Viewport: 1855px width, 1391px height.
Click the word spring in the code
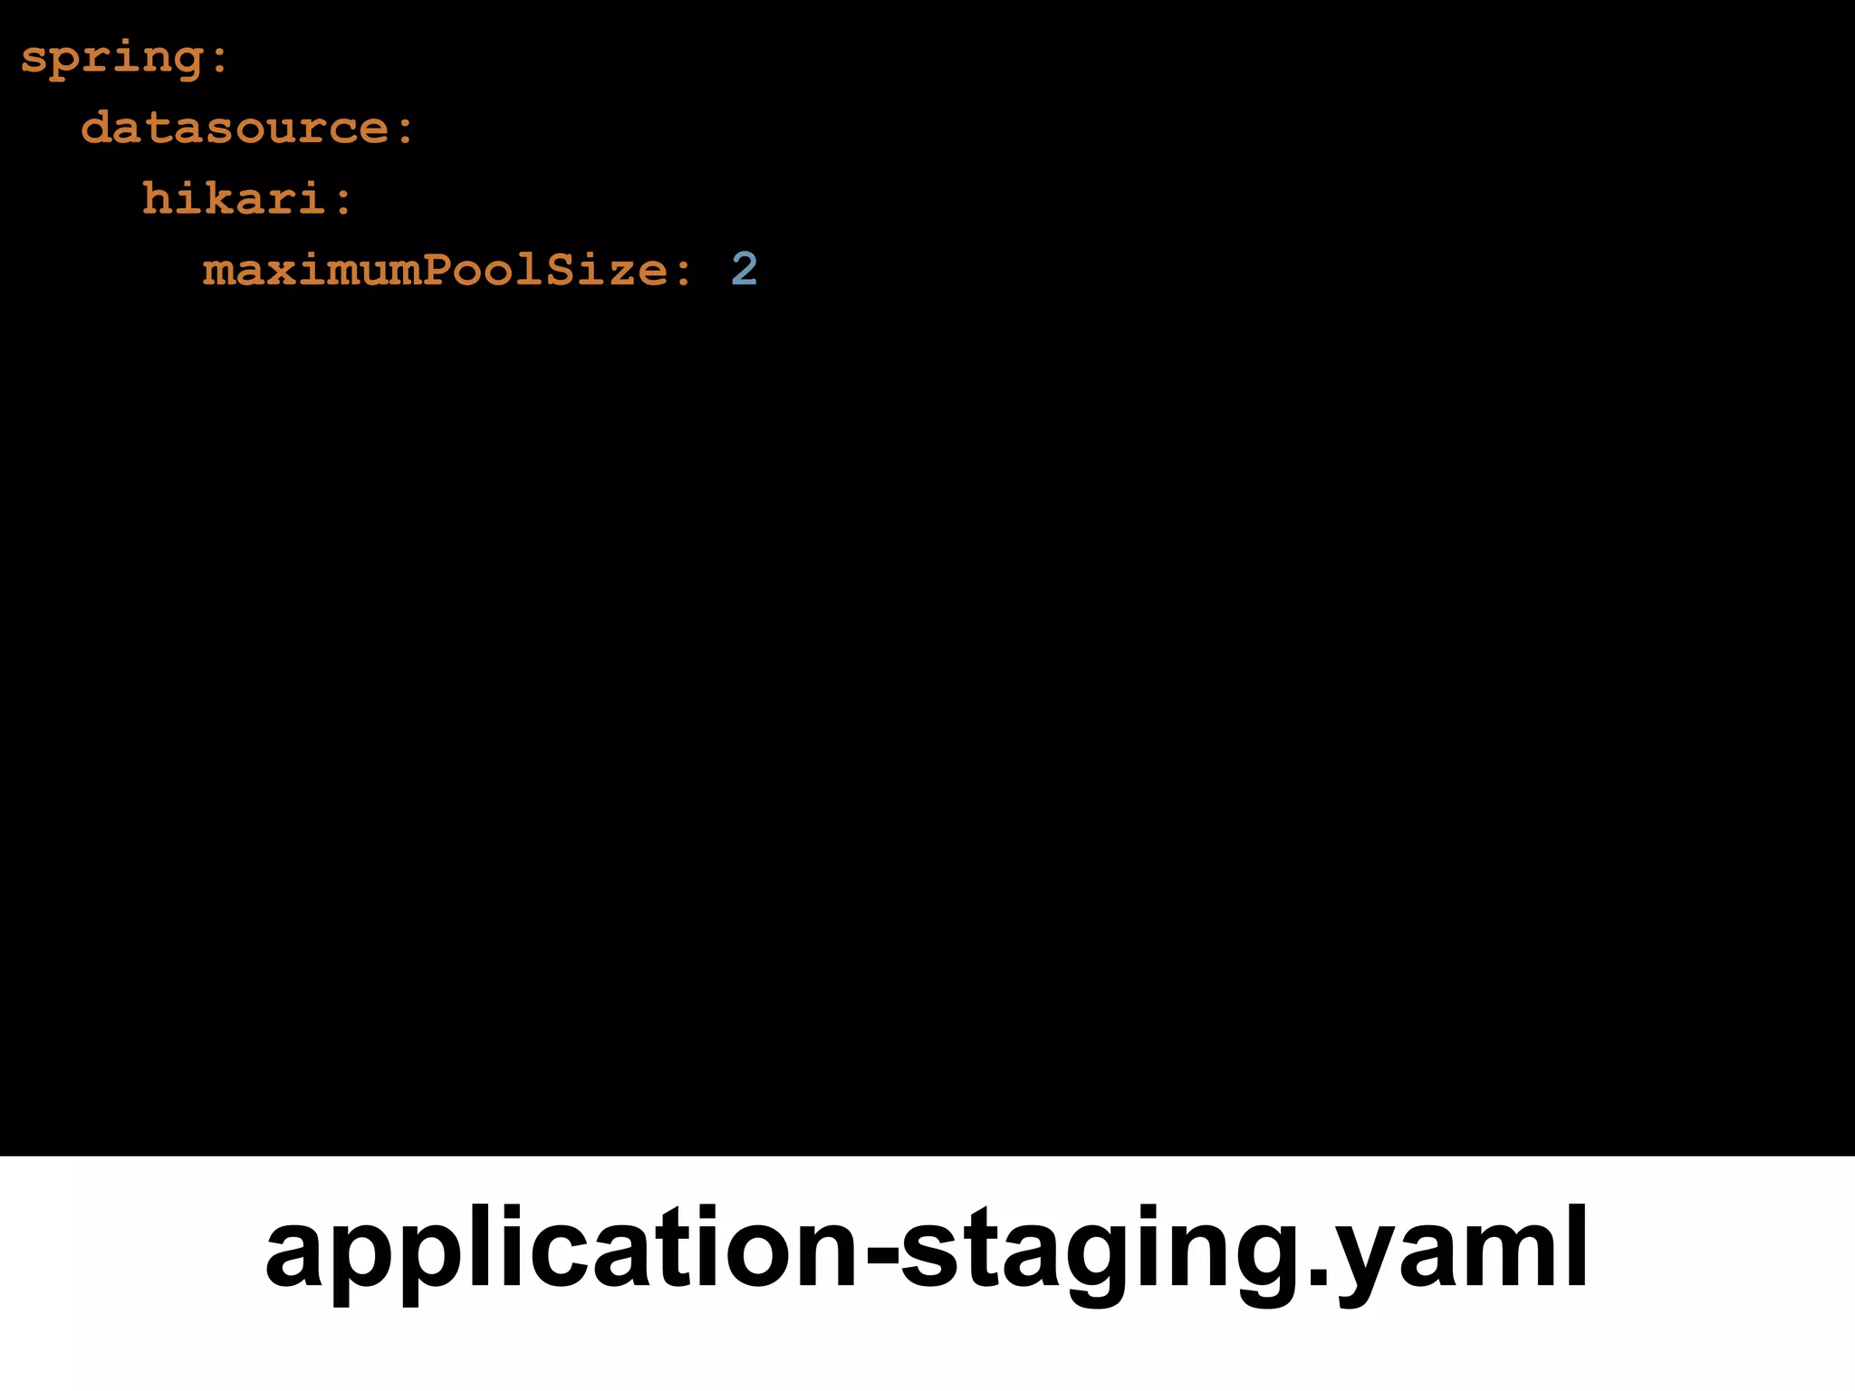pos(112,59)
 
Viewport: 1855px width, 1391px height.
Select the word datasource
pos(235,128)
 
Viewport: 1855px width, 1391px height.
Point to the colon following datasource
pos(405,129)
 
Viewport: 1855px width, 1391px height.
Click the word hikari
pos(234,198)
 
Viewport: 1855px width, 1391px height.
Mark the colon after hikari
pos(343,200)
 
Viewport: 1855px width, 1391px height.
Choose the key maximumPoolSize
pos(436,270)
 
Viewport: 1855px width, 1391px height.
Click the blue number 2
pos(744,269)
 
